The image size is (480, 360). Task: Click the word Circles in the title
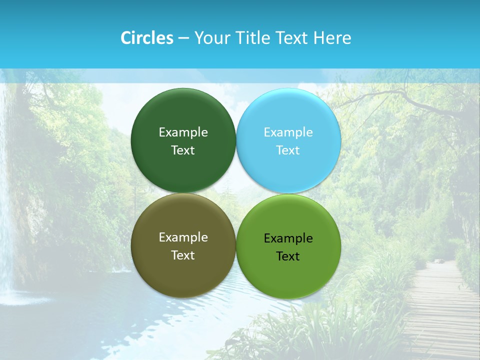[146, 38]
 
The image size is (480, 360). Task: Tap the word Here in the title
[332, 38]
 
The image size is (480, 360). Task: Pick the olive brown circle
[183, 270]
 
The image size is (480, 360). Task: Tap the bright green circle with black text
[288, 272]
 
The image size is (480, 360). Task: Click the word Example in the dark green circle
[183, 132]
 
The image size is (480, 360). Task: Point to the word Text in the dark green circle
[183, 150]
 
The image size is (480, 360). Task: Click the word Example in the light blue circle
[288, 132]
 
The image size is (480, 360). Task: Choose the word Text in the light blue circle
[288, 150]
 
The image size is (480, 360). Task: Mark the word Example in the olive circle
[183, 237]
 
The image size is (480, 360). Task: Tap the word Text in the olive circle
[183, 255]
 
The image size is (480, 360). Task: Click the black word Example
[288, 238]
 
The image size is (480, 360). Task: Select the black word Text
[288, 256]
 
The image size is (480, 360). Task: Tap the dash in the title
[183, 38]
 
